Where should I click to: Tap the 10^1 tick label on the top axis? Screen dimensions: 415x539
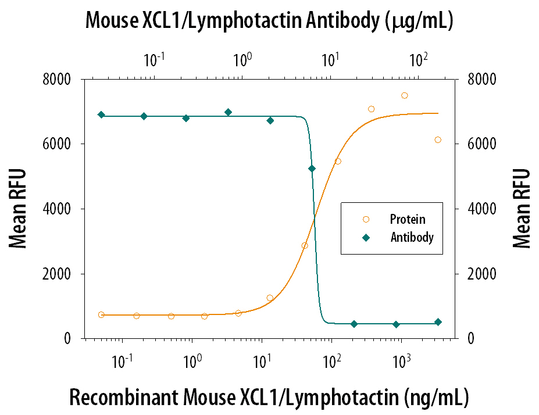[x=330, y=59]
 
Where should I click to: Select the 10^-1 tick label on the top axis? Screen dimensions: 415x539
[x=153, y=59]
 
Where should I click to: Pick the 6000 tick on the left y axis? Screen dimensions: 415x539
[x=59, y=144]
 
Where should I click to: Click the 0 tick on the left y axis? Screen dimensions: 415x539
[x=73, y=339]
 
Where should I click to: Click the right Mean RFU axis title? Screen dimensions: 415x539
[x=522, y=209]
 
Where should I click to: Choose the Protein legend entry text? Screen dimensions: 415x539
[x=408, y=220]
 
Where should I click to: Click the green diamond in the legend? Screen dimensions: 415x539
[x=366, y=238]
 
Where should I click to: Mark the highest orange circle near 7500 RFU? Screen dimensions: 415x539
[x=405, y=95]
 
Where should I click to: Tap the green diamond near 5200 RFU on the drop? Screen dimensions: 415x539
[x=312, y=169]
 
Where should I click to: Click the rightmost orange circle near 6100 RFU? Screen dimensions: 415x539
[x=438, y=139]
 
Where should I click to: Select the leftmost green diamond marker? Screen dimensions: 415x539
[x=101, y=115]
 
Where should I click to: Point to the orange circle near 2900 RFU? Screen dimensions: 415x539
[x=304, y=245]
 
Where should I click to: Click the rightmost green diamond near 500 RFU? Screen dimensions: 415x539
[x=438, y=322]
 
